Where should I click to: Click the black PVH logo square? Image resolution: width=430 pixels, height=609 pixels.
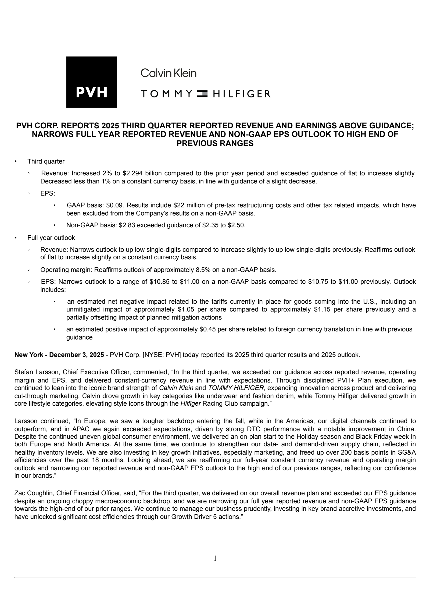[x=91, y=82]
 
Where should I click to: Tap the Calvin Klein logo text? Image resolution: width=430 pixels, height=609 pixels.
[x=169, y=73]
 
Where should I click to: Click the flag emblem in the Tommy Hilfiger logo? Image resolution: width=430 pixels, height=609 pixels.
[x=202, y=94]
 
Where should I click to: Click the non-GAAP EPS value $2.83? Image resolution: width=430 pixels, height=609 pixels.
[x=127, y=225]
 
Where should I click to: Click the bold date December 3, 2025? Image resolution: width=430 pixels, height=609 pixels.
[x=77, y=355]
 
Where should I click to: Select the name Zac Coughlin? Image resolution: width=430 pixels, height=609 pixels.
[x=34, y=493]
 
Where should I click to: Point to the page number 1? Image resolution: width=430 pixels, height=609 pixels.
[x=215, y=558]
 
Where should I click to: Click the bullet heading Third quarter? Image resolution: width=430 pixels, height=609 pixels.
[x=46, y=161]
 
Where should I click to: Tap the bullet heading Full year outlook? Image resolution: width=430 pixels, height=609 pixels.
[x=51, y=238]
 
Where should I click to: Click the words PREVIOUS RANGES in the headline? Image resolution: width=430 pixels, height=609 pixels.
[x=215, y=143]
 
